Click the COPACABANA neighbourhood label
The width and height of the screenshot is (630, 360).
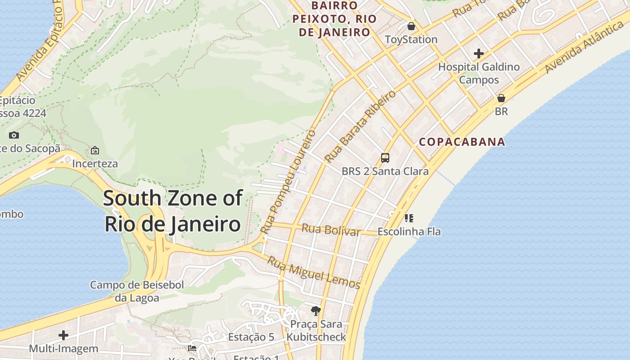(x=462, y=142)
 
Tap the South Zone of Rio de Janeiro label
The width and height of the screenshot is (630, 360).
(x=173, y=211)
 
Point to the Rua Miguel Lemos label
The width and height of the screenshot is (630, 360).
(x=314, y=273)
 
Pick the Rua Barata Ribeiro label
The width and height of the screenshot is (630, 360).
(x=360, y=126)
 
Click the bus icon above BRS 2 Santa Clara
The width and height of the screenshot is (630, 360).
(x=385, y=158)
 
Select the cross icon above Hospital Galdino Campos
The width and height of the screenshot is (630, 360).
(x=479, y=54)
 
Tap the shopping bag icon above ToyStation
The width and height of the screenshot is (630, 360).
(x=411, y=26)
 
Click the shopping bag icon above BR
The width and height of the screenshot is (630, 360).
(x=501, y=98)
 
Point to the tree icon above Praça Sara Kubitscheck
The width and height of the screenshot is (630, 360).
(x=316, y=310)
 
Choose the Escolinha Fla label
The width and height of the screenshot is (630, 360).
(x=409, y=232)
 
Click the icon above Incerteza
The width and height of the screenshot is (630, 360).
(x=95, y=150)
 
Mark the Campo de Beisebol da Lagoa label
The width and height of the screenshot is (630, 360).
(x=137, y=291)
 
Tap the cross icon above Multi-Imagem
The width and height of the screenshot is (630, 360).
(x=63, y=335)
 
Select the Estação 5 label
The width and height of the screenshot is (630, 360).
(x=251, y=337)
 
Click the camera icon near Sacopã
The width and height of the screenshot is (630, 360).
(x=14, y=135)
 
